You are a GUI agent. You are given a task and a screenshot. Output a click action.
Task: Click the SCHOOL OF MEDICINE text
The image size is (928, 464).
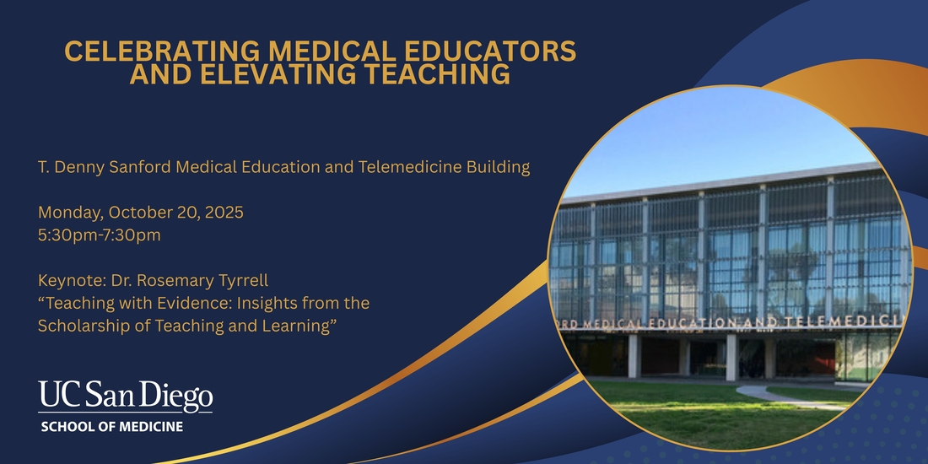click(x=112, y=427)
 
